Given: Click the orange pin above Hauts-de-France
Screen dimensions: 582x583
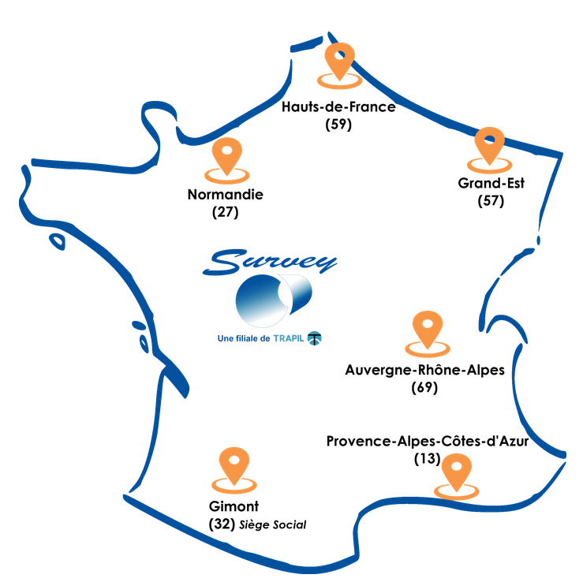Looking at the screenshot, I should pyautogui.click(x=340, y=60).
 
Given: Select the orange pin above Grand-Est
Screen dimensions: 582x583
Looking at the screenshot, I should pyautogui.click(x=490, y=144).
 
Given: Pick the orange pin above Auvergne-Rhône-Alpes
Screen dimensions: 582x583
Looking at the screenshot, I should pyautogui.click(x=428, y=328).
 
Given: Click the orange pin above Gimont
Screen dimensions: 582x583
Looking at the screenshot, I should pyautogui.click(x=234, y=464).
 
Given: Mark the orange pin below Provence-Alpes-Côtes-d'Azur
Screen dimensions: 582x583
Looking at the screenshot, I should pyautogui.click(x=456, y=474).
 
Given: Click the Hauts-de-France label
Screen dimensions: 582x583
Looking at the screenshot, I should pyautogui.click(x=338, y=106).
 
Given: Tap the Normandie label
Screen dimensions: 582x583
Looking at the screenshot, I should pyautogui.click(x=226, y=195).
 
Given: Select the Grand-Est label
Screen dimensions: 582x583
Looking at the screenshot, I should pyautogui.click(x=491, y=183).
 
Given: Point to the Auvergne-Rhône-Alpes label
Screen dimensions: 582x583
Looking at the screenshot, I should pyautogui.click(x=424, y=370).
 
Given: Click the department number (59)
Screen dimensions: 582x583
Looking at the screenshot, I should pyautogui.click(x=338, y=124).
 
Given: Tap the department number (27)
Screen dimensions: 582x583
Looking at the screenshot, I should pyautogui.click(x=226, y=212).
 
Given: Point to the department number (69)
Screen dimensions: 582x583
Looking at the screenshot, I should pyautogui.click(x=424, y=387).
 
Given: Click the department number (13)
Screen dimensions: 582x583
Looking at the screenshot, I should pyautogui.click(x=427, y=458).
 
